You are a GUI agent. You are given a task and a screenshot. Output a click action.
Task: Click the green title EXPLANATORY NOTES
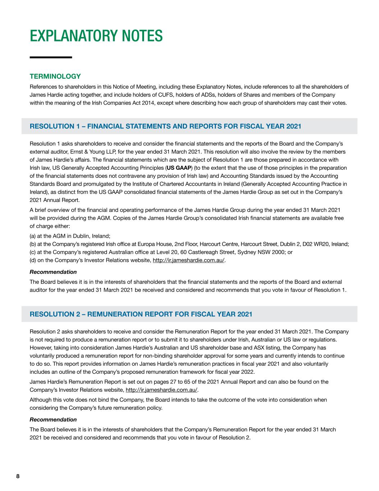pyautogui.click(x=96, y=36)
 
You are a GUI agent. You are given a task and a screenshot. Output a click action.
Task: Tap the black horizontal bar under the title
pyautogui.click(x=51, y=57)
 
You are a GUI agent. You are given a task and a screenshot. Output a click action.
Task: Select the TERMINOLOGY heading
pyautogui.click(x=55, y=76)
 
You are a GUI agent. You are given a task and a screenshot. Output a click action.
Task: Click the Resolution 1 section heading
pyautogui.click(x=165, y=126)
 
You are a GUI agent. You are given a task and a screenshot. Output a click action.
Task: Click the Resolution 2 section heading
pyautogui.click(x=141, y=314)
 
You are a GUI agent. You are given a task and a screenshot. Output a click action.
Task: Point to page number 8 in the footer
pyautogui.click(x=18, y=476)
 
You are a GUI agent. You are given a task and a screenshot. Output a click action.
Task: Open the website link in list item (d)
pyautogui.click(x=189, y=260)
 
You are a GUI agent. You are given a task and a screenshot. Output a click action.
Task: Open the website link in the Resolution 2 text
pyautogui.click(x=162, y=390)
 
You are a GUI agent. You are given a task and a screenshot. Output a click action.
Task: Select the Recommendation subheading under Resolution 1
pyautogui.click(x=53, y=272)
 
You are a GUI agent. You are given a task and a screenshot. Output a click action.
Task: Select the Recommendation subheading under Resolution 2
pyautogui.click(x=53, y=419)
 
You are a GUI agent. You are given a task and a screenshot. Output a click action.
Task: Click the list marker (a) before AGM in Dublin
pyautogui.click(x=33, y=236)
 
